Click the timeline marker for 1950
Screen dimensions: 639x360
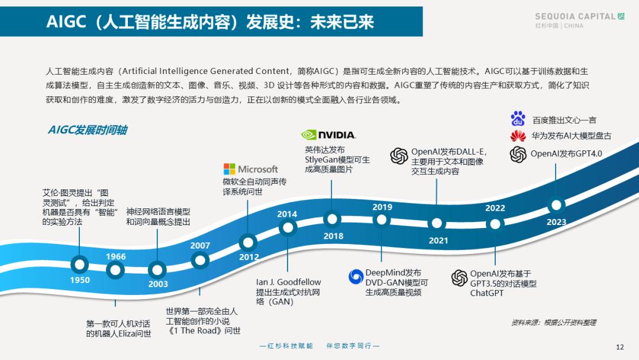click(79, 265)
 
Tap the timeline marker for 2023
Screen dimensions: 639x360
click(556, 205)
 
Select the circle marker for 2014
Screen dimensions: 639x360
click(288, 227)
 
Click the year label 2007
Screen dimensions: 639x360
click(200, 246)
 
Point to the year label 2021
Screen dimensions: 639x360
click(438, 240)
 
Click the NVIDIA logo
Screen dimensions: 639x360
click(328, 134)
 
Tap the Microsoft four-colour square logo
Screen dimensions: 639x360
click(230, 169)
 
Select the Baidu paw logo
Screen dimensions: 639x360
click(518, 118)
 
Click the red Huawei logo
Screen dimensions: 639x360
click(518, 136)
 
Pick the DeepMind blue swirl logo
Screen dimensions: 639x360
click(356, 277)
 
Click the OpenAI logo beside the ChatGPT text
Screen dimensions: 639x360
click(459, 278)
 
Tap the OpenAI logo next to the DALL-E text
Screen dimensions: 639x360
click(399, 156)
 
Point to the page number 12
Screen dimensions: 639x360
click(620, 347)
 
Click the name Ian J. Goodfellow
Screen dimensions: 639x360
click(289, 282)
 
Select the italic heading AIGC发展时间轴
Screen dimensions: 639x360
click(88, 130)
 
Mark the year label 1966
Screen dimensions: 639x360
click(116, 256)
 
